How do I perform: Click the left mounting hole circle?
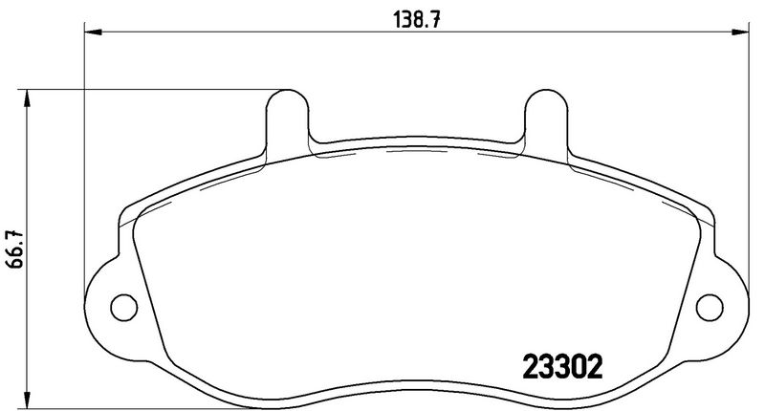122,307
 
